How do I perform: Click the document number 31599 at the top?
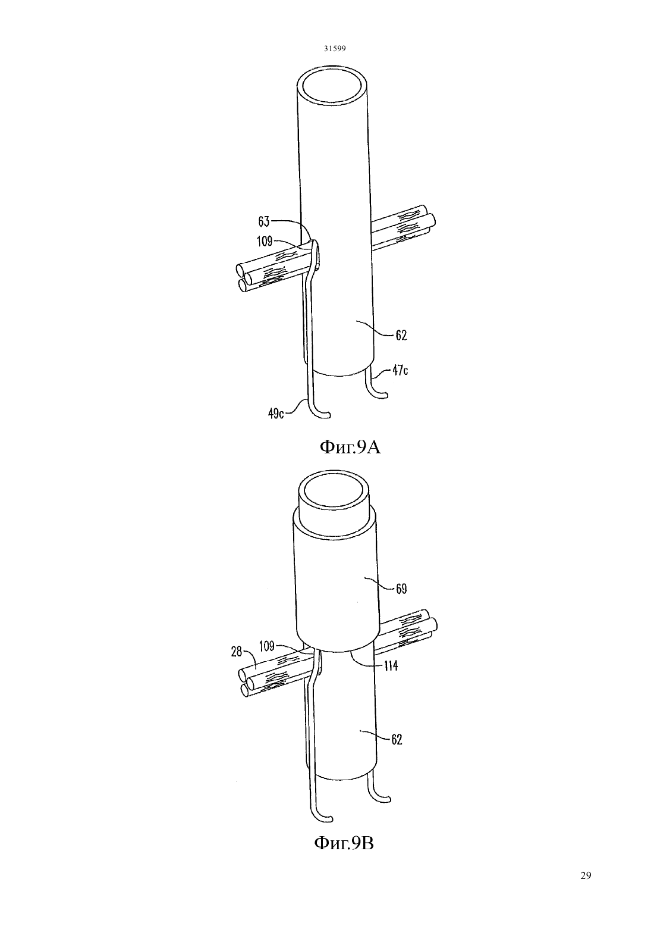334,48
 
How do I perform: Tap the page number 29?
586,875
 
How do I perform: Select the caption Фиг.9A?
350,447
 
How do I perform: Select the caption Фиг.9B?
344,843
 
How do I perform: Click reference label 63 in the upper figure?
264,222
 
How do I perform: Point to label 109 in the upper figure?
265,241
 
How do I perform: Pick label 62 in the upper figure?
401,335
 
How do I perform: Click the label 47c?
400,370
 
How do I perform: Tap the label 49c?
276,414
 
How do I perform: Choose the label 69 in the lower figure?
401,589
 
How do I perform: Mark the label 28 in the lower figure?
237,652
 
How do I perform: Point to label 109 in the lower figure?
267,646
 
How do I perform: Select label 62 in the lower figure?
397,739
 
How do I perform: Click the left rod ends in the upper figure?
244,277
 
